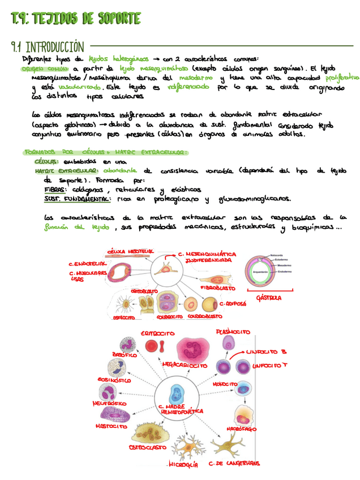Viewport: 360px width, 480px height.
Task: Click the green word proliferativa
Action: click(x=338, y=78)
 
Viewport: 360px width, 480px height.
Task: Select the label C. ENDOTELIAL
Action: click(x=87, y=264)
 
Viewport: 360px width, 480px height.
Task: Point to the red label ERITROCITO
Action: click(x=157, y=333)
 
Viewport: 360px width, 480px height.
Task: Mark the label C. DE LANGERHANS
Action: click(x=234, y=462)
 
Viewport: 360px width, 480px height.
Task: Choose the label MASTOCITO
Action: click(x=111, y=425)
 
